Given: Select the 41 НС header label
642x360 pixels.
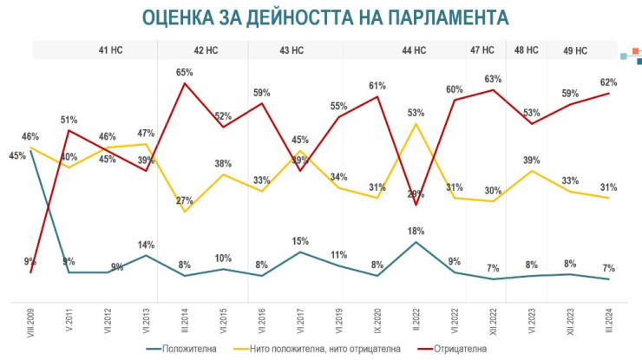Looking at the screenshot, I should pyautogui.click(x=110, y=50).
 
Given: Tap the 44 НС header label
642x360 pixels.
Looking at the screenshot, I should pyautogui.click(x=414, y=50).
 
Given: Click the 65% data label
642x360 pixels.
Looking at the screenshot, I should pyautogui.click(x=184, y=73).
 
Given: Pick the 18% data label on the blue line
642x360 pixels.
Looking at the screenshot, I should pyautogui.click(x=416, y=231).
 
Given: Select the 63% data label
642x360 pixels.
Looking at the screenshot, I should pyautogui.click(x=494, y=78).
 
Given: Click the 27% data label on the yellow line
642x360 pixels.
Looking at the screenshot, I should pyautogui.click(x=184, y=200).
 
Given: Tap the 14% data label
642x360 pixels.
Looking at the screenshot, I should pyautogui.click(x=145, y=245).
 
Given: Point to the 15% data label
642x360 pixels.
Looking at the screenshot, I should pyautogui.click(x=299, y=241).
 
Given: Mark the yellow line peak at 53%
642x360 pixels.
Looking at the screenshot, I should pyautogui.click(x=416, y=123).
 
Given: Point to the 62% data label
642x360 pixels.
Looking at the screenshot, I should pyautogui.click(x=609, y=82).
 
